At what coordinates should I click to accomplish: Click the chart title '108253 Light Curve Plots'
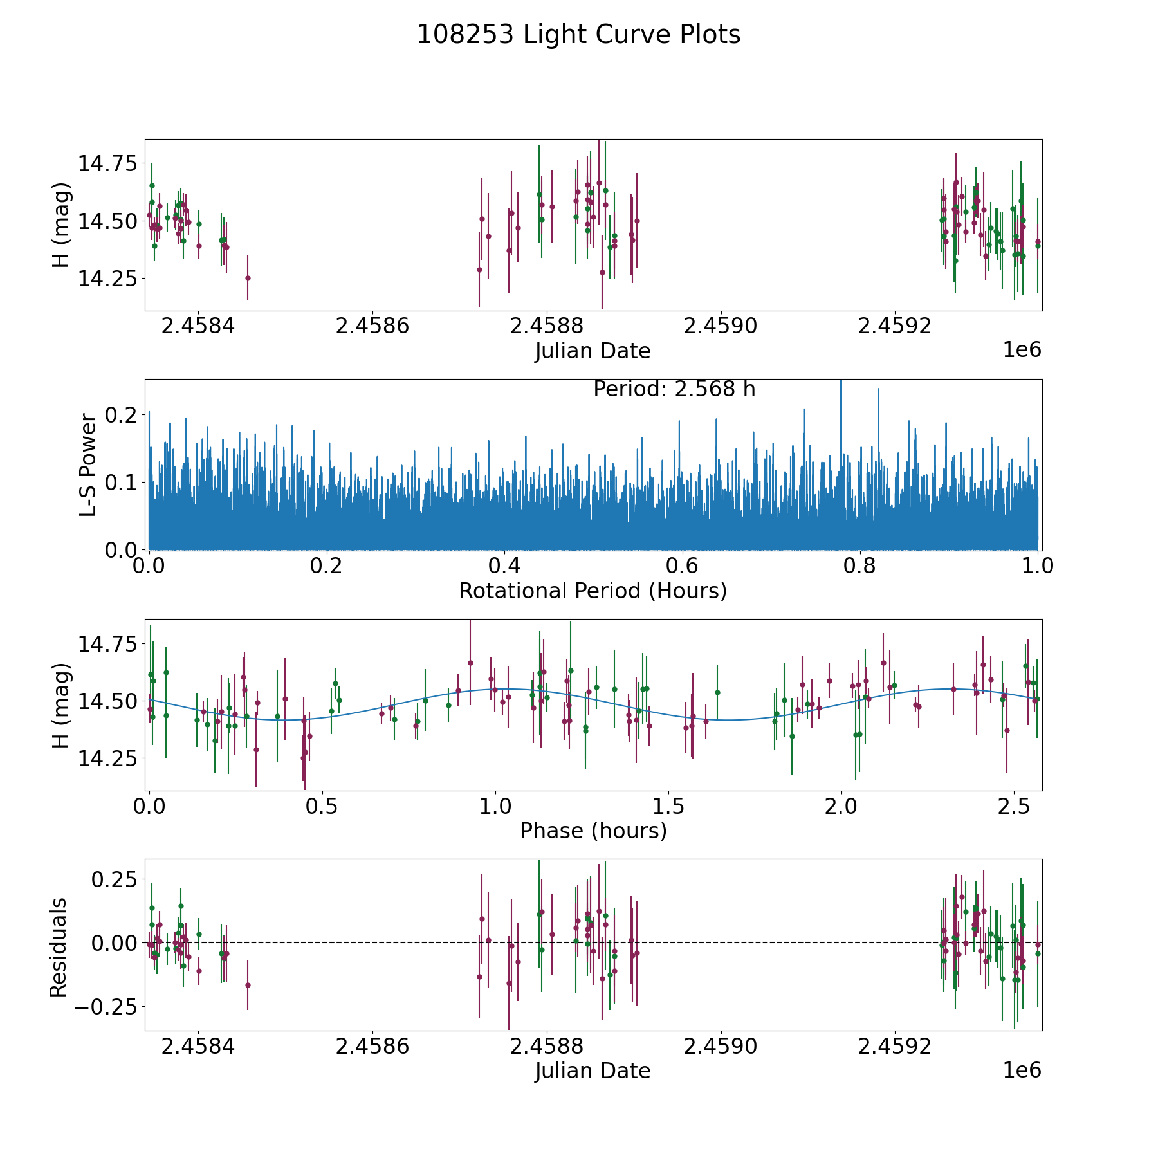point(578,35)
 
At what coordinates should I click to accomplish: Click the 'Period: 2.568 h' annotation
point(674,389)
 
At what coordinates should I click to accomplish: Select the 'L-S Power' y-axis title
point(89,464)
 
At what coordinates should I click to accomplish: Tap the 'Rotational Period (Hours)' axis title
point(593,591)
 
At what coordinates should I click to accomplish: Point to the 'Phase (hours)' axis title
point(593,831)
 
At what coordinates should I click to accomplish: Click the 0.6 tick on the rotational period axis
point(681,566)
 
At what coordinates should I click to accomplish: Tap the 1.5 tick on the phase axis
point(668,806)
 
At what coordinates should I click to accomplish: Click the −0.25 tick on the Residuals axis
point(105,1007)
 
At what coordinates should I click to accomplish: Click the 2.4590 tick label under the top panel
point(721,326)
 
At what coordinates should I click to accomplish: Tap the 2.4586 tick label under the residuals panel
point(372,1047)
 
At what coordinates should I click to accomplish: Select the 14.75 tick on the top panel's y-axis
point(107,163)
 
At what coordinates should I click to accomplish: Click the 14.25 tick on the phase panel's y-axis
point(107,758)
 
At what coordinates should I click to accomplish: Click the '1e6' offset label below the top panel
point(1022,350)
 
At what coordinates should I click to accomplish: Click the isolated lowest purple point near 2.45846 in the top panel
point(248,278)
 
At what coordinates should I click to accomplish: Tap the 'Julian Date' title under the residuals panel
point(593,1071)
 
